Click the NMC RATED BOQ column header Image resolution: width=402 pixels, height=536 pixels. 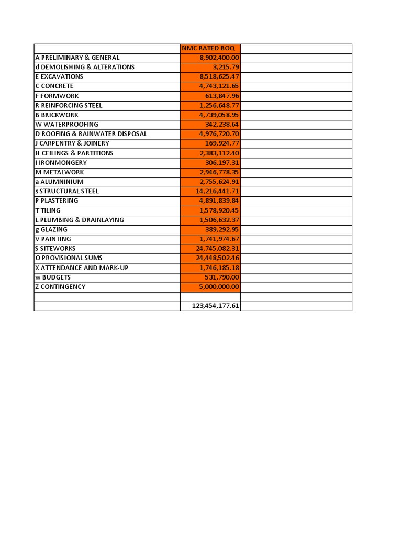tap(208, 48)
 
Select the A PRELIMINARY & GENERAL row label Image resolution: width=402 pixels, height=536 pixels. tap(77, 58)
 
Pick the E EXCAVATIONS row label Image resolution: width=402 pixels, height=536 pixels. tap(59, 76)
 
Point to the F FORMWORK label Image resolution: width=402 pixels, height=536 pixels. tap(57, 96)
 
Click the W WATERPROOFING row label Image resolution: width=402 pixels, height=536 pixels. tap(66, 124)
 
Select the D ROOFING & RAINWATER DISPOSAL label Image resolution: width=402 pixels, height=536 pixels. tap(91, 134)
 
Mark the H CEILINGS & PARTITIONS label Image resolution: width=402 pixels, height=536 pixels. tap(74, 153)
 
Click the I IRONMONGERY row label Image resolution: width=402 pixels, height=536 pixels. tap(61, 163)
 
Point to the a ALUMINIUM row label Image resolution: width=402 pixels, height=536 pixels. tap(59, 182)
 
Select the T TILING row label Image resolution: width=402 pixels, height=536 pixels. tap(48, 210)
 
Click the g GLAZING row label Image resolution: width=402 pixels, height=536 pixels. tap(51, 229)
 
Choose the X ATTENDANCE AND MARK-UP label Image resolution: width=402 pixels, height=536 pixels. tap(82, 267)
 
